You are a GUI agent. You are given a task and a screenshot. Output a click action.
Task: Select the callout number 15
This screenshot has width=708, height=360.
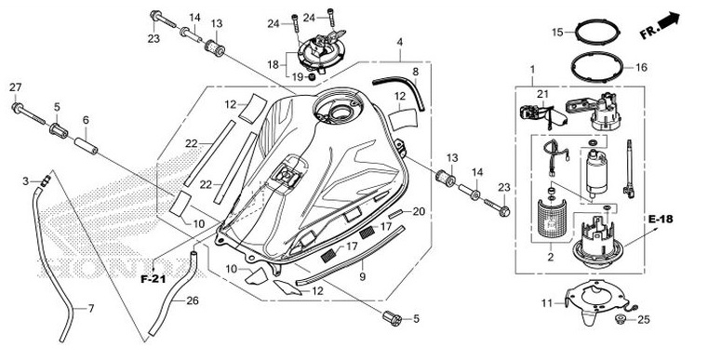[x=557, y=32]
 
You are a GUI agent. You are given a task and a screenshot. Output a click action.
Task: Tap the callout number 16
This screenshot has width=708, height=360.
[x=641, y=67]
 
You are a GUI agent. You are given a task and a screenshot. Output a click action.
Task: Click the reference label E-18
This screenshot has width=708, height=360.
[x=661, y=220]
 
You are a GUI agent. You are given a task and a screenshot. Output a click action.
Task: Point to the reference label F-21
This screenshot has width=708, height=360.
[x=154, y=279]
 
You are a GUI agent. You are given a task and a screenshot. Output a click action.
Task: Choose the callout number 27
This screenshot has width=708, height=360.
[x=16, y=87]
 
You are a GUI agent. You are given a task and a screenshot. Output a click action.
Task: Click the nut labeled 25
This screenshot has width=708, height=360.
[x=622, y=319]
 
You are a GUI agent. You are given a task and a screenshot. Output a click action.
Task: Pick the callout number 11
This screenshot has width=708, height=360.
[x=547, y=303]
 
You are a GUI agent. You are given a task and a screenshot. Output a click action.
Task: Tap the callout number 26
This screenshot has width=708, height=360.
[x=193, y=300]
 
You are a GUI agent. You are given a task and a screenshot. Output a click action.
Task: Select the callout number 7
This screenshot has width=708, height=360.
[x=91, y=309]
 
